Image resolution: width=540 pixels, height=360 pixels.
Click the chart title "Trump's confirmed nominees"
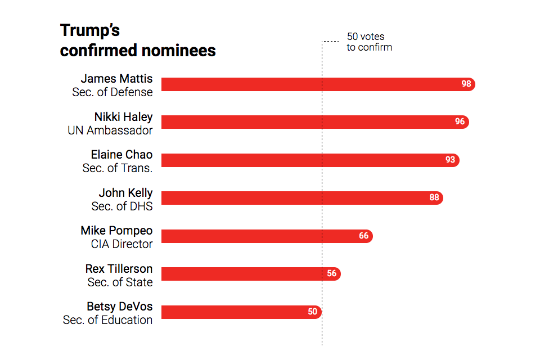(137, 40)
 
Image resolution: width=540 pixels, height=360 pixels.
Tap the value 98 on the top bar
(466, 84)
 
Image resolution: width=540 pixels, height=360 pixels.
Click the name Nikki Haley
(123, 117)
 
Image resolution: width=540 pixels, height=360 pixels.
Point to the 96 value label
(460, 122)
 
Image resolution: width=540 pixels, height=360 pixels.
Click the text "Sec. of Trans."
(117, 167)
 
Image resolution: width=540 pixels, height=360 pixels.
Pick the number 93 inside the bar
(450, 160)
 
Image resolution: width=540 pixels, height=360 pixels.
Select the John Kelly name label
(125, 193)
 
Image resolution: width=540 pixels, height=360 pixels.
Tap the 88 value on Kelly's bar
(434, 198)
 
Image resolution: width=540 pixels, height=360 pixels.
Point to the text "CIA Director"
(121, 244)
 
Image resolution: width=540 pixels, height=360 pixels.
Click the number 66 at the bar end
(363, 236)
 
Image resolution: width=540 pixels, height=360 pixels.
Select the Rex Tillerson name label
(119, 269)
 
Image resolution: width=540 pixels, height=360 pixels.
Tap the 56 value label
(331, 274)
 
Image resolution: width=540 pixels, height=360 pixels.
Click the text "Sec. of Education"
(107, 319)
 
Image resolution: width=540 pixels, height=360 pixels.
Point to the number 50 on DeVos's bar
(312, 312)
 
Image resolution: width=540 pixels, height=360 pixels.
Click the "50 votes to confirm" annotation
(368, 42)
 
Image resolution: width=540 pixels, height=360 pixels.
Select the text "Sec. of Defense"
(112, 92)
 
